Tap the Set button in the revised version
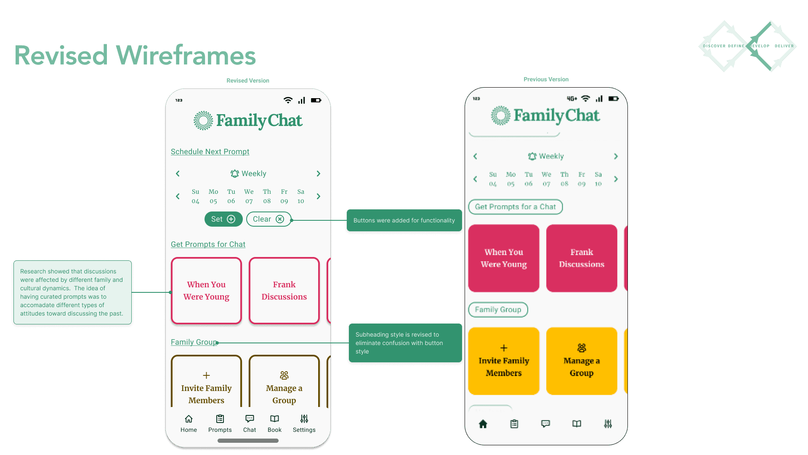pos(223,219)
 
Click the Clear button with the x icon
pos(268,219)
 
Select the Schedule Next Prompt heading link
pos(210,152)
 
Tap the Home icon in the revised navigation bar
pos(189,419)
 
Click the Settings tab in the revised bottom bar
pos(304,423)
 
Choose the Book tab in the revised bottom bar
pos(274,423)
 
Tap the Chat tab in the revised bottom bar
pos(250,423)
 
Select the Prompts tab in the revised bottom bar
pos(220,423)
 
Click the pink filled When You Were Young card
pos(504,258)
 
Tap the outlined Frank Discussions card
pos(284,291)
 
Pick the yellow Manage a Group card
pos(582,361)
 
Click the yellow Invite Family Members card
pos(504,361)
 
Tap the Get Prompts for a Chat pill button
pos(515,207)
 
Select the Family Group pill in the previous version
pos(498,310)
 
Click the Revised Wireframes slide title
pos(135,55)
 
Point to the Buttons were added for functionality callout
pos(404,220)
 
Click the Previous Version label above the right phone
pos(546,79)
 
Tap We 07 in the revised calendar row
pos(249,196)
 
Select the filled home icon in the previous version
pos(483,424)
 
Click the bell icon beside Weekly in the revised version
pos(234,174)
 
